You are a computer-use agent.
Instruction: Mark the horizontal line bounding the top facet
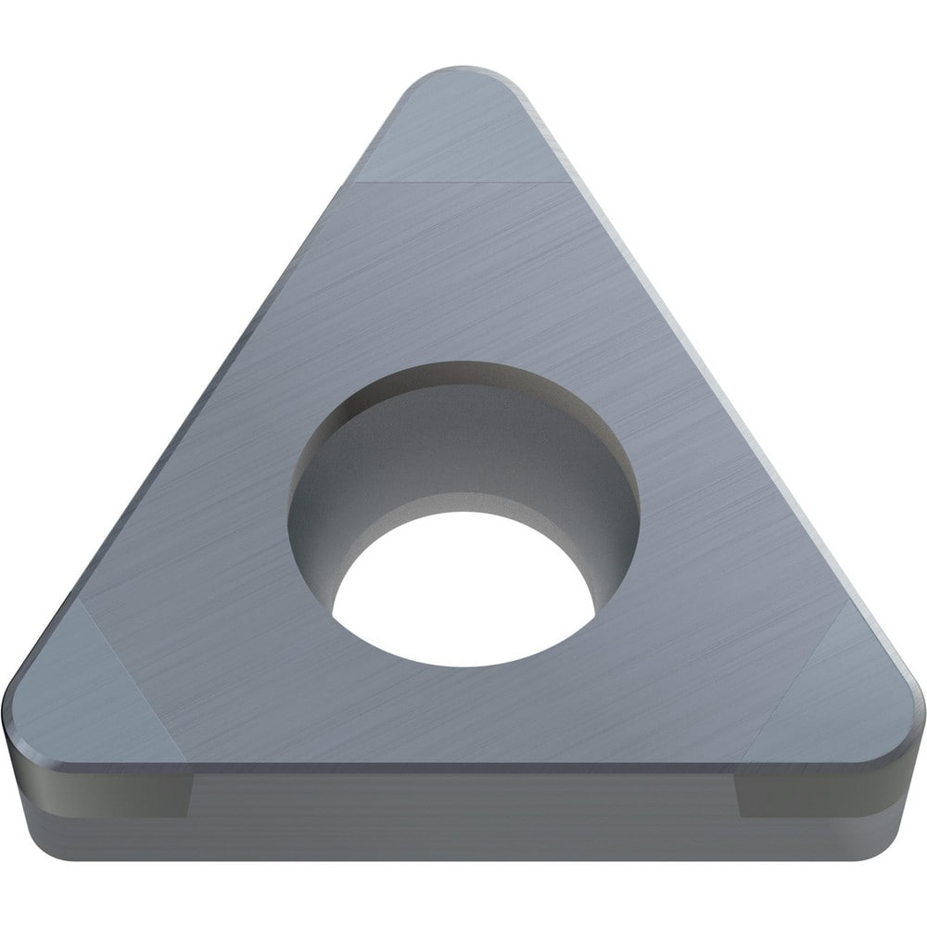[x=463, y=183]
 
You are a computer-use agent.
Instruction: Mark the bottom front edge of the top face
[x=463, y=763]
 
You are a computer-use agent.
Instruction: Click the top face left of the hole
[x=213, y=556]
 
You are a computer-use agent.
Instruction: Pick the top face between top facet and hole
[x=463, y=278]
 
